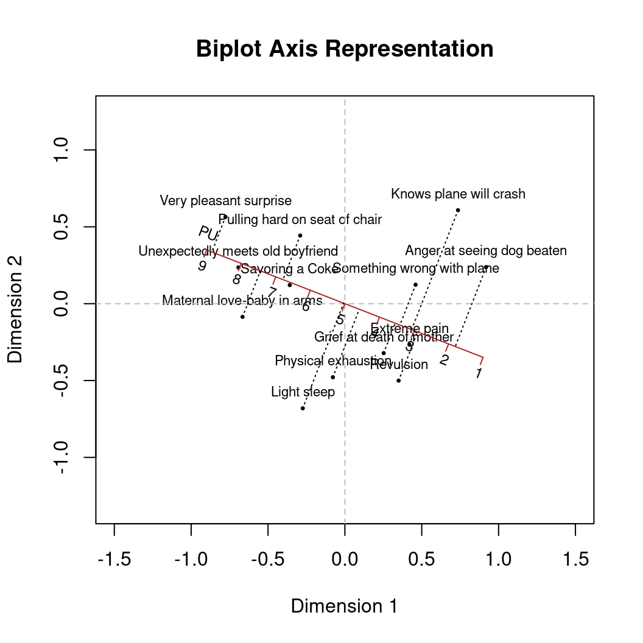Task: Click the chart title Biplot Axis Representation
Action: click(345, 49)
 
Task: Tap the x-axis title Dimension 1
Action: click(344, 606)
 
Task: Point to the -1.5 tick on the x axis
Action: click(114, 559)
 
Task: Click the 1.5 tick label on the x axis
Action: click(575, 559)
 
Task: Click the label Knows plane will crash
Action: click(458, 194)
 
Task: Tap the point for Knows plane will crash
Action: click(458, 210)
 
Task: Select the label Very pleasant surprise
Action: click(225, 200)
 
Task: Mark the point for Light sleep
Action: click(303, 408)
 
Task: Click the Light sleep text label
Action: click(303, 392)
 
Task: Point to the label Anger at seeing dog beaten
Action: click(486, 251)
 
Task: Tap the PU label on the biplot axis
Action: click(208, 233)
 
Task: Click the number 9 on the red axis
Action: click(202, 266)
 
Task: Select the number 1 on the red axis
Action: click(479, 373)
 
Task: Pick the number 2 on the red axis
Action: click(444, 360)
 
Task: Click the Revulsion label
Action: click(399, 365)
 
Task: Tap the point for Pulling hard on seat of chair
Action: click(300, 236)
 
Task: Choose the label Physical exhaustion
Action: click(333, 361)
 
